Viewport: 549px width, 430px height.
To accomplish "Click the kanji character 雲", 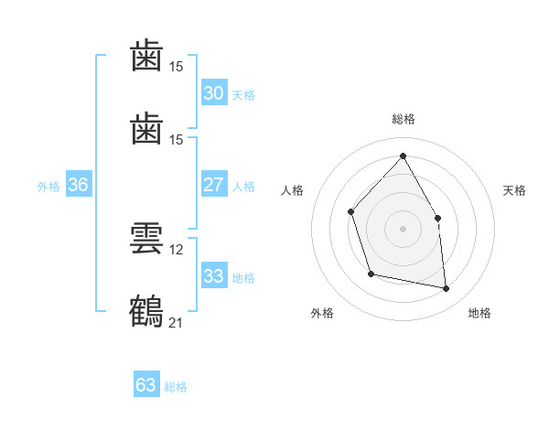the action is [146, 239].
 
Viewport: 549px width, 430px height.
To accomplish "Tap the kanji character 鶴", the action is [146, 311].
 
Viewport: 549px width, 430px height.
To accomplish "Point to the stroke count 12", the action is [176, 250].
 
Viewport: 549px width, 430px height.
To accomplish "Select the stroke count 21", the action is [176, 323].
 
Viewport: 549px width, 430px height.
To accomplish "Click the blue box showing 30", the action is [214, 92].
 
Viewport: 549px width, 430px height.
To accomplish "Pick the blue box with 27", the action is [214, 184].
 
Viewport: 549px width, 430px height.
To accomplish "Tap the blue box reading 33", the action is [214, 275].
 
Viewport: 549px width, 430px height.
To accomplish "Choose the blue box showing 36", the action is [79, 184].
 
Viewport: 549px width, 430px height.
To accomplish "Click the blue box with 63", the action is [146, 383].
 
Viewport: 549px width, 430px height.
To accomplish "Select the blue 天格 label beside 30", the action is [243, 95].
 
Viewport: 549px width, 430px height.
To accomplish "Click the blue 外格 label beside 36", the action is [48, 187].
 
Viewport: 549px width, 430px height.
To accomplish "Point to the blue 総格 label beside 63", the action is [176, 387].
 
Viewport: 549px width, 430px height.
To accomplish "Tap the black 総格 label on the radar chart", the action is [404, 119].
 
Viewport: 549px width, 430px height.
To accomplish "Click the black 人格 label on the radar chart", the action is [292, 190].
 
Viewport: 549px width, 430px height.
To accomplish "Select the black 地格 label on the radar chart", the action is [479, 313].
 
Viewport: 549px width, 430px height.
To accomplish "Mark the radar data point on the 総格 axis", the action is [403, 156].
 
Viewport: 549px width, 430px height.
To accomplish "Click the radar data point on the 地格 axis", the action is [447, 288].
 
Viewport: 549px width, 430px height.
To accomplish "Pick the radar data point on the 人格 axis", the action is [350, 212].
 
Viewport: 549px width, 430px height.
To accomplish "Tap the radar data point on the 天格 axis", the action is [437, 218].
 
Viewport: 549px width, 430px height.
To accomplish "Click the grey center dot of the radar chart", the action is [403, 229].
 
